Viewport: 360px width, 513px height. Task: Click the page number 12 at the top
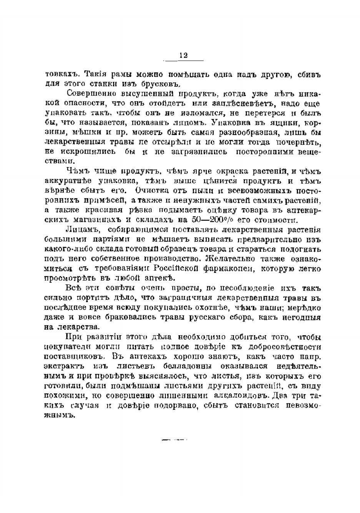[183, 56]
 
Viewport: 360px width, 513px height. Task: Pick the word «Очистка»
[157, 191]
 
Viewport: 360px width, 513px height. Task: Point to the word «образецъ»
[208, 249]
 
